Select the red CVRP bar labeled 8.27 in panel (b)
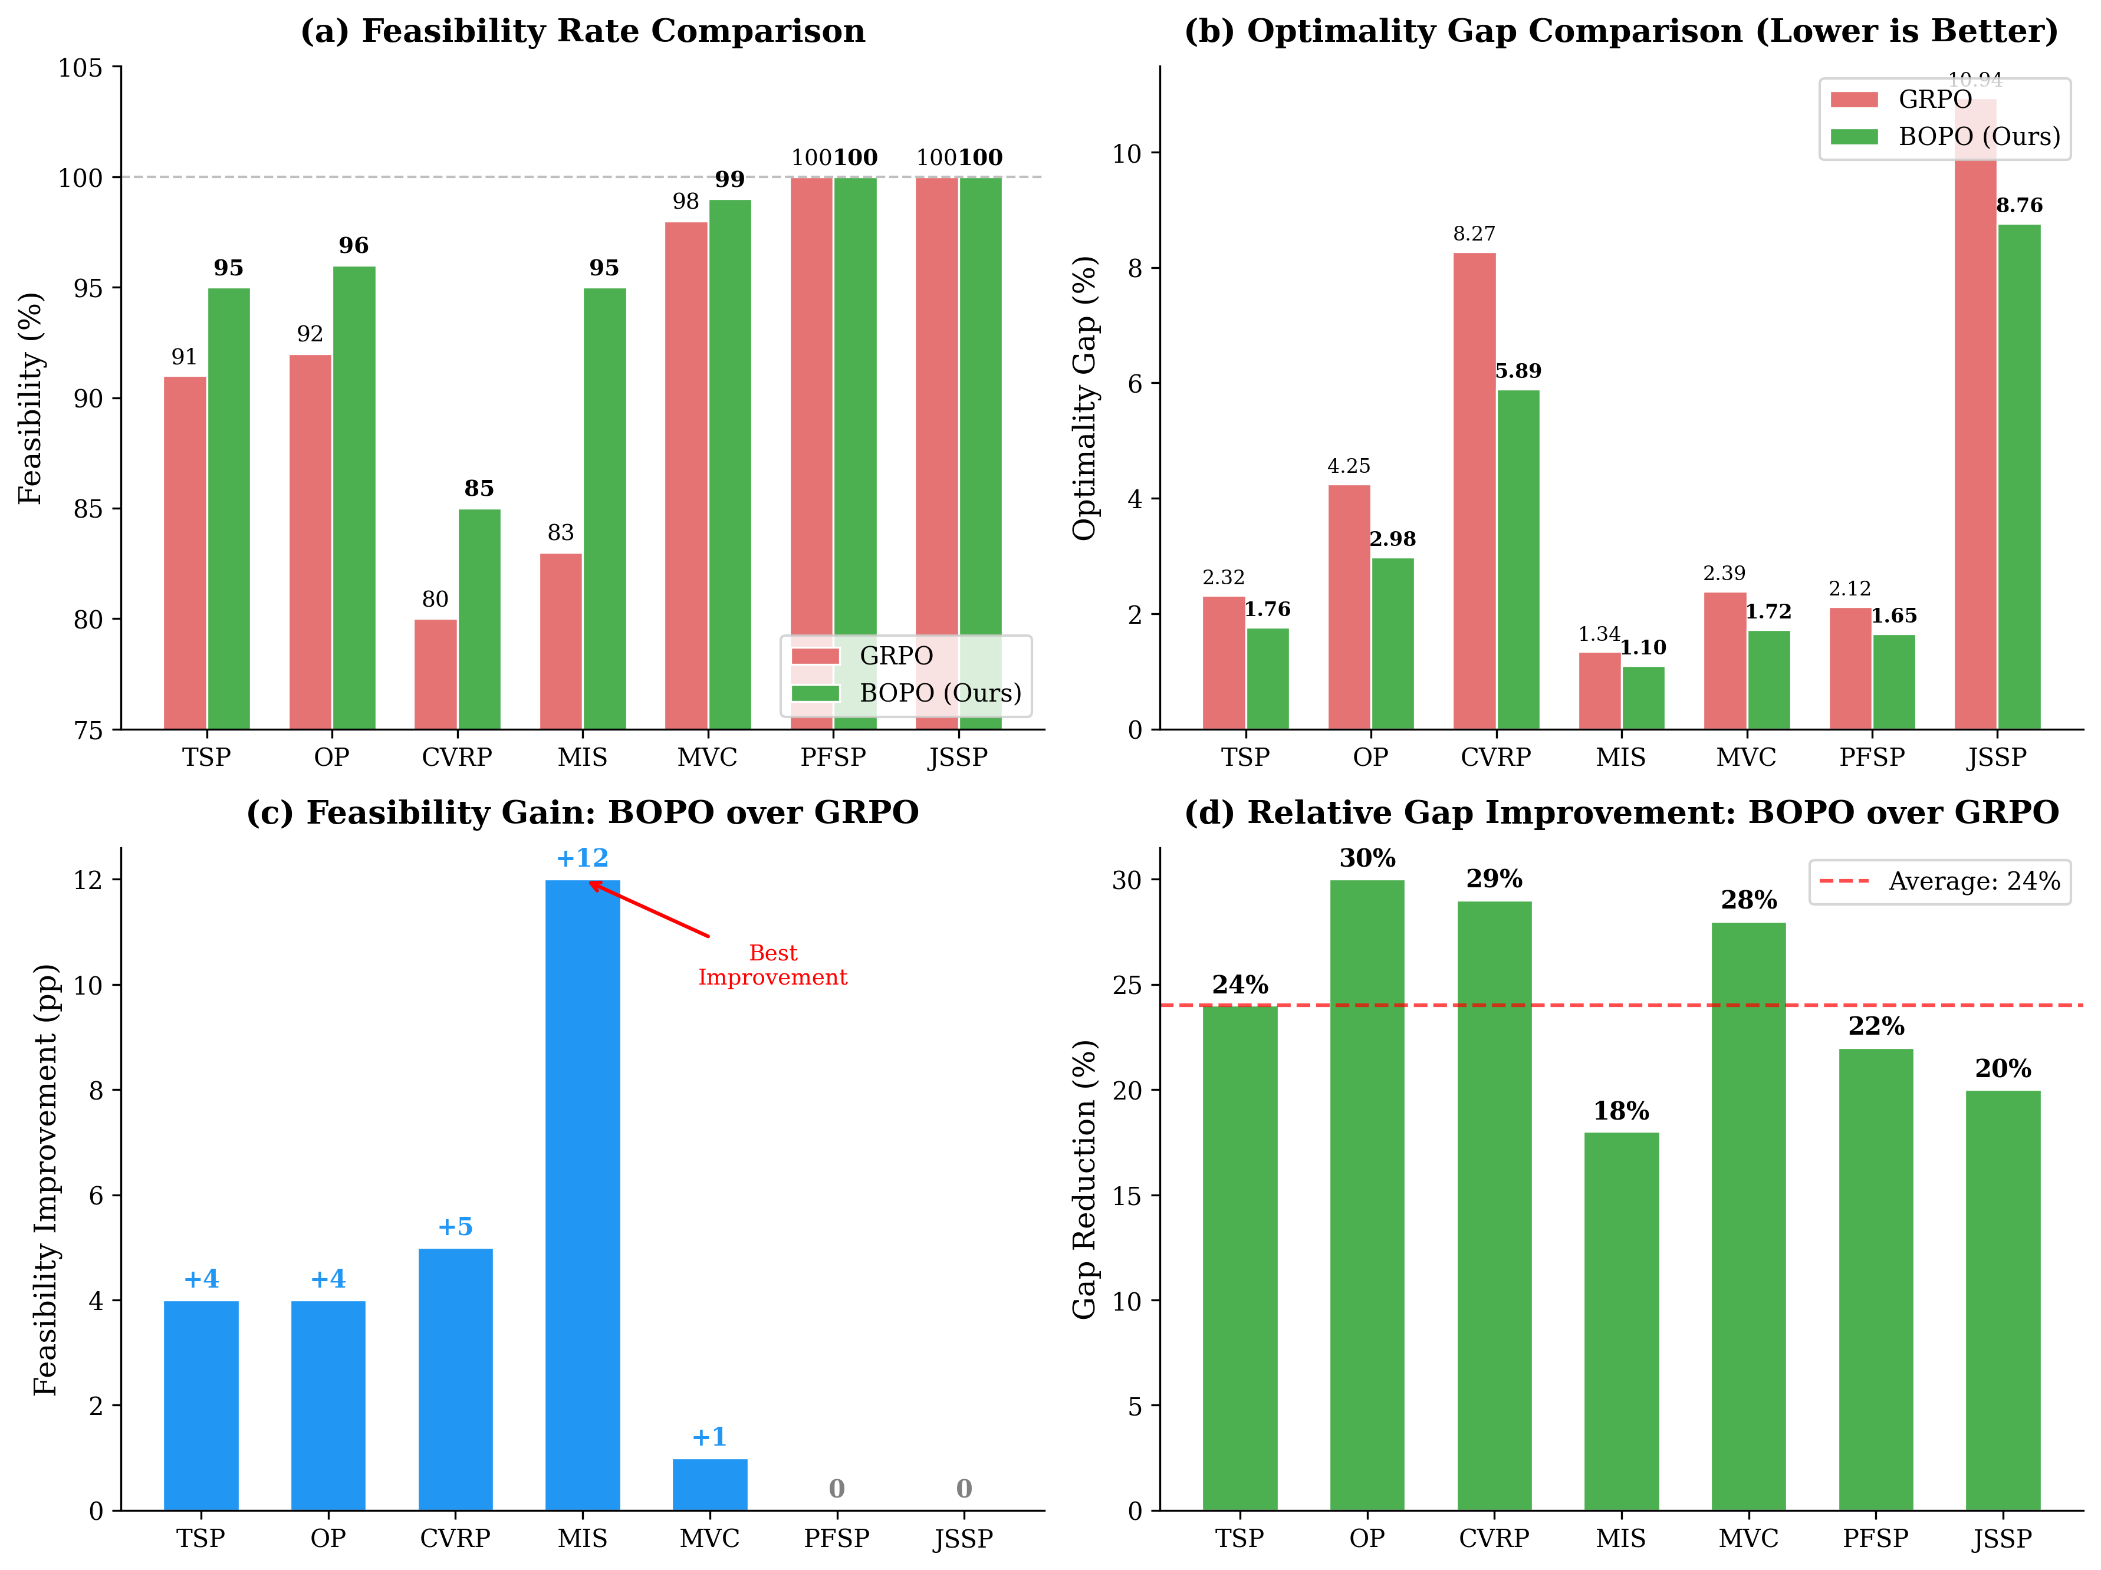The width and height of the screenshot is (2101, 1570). click(1474, 490)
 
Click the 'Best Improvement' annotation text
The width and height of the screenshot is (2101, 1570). click(772, 965)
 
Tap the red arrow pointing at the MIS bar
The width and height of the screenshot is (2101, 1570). click(650, 910)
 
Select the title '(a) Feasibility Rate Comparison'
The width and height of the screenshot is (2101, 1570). click(582, 31)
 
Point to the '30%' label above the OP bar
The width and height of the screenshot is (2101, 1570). click(1367, 858)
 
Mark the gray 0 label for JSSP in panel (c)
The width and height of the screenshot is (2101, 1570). click(963, 1488)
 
